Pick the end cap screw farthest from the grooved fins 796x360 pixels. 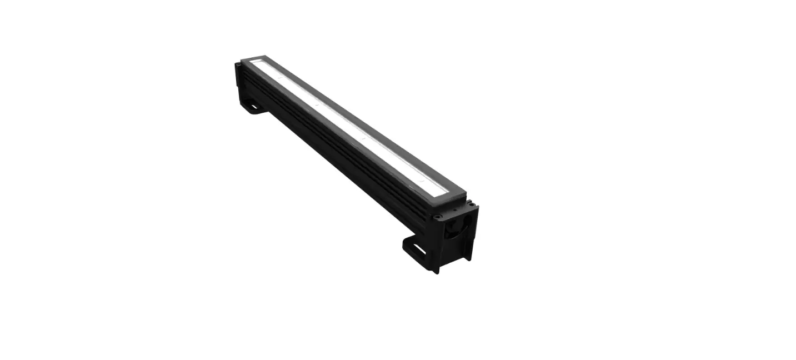470,204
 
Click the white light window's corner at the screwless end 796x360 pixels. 253,61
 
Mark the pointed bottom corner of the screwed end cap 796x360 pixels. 437,271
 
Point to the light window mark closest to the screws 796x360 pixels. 422,179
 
